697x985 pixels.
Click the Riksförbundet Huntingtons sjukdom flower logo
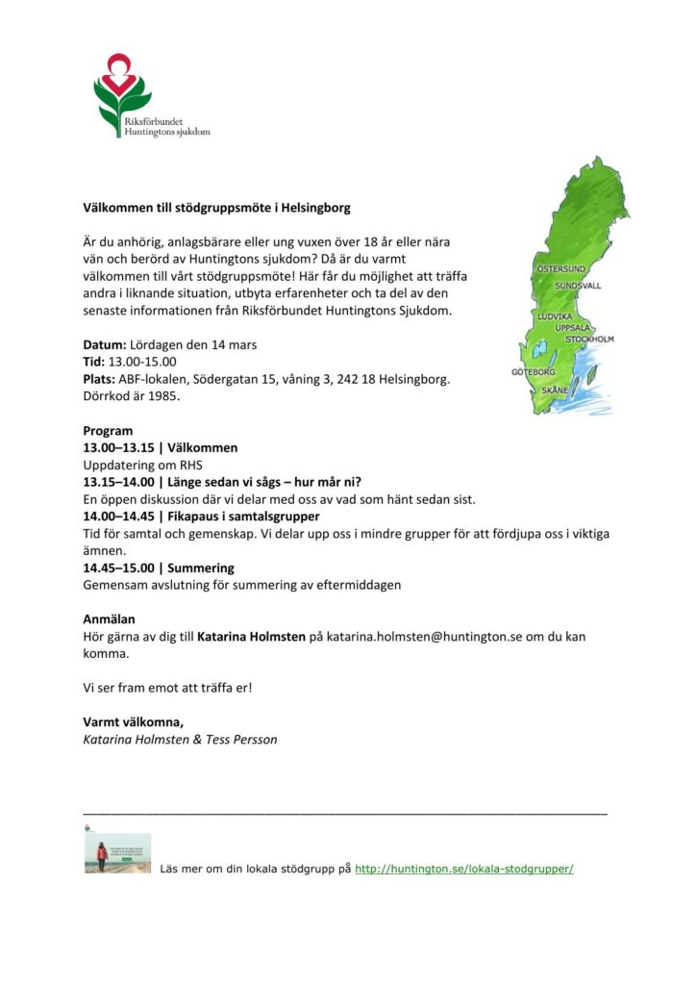click(x=122, y=90)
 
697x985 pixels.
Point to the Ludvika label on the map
click(x=555, y=316)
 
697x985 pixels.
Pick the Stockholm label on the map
click(x=588, y=340)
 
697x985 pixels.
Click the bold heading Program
click(x=108, y=431)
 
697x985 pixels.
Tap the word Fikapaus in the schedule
click(x=194, y=517)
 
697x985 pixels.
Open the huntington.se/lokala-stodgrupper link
click(x=463, y=869)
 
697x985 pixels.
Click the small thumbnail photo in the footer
click(x=117, y=852)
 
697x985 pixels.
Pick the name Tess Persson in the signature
click(x=241, y=740)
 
